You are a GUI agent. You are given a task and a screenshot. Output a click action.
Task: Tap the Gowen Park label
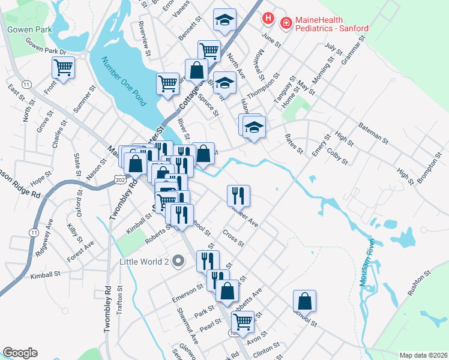click(29, 29)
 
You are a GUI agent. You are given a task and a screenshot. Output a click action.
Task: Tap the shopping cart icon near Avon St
click(243, 321)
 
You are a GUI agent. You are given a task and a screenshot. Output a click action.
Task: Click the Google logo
click(20, 353)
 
